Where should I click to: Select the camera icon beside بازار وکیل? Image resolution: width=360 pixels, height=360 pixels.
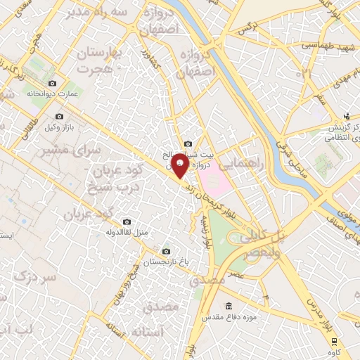[59, 115]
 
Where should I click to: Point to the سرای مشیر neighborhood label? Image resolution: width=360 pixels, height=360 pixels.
[61, 150]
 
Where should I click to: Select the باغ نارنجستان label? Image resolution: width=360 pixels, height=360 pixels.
[166, 262]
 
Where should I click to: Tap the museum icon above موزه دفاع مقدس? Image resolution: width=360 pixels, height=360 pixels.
[228, 305]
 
